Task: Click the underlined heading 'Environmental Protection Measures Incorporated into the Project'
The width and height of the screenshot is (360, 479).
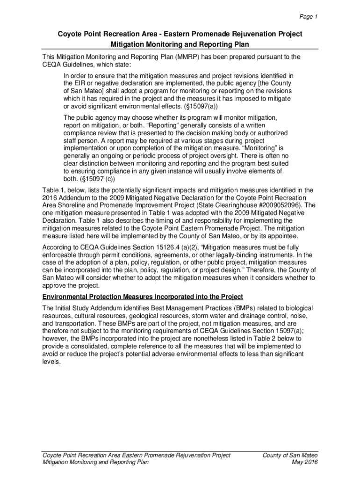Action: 143,297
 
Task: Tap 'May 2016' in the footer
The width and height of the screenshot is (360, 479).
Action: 304,462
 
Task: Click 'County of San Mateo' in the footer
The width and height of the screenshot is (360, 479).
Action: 290,455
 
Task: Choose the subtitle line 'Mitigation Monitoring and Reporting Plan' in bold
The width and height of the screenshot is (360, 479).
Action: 180,44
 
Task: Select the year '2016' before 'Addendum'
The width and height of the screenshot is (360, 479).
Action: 50,197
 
